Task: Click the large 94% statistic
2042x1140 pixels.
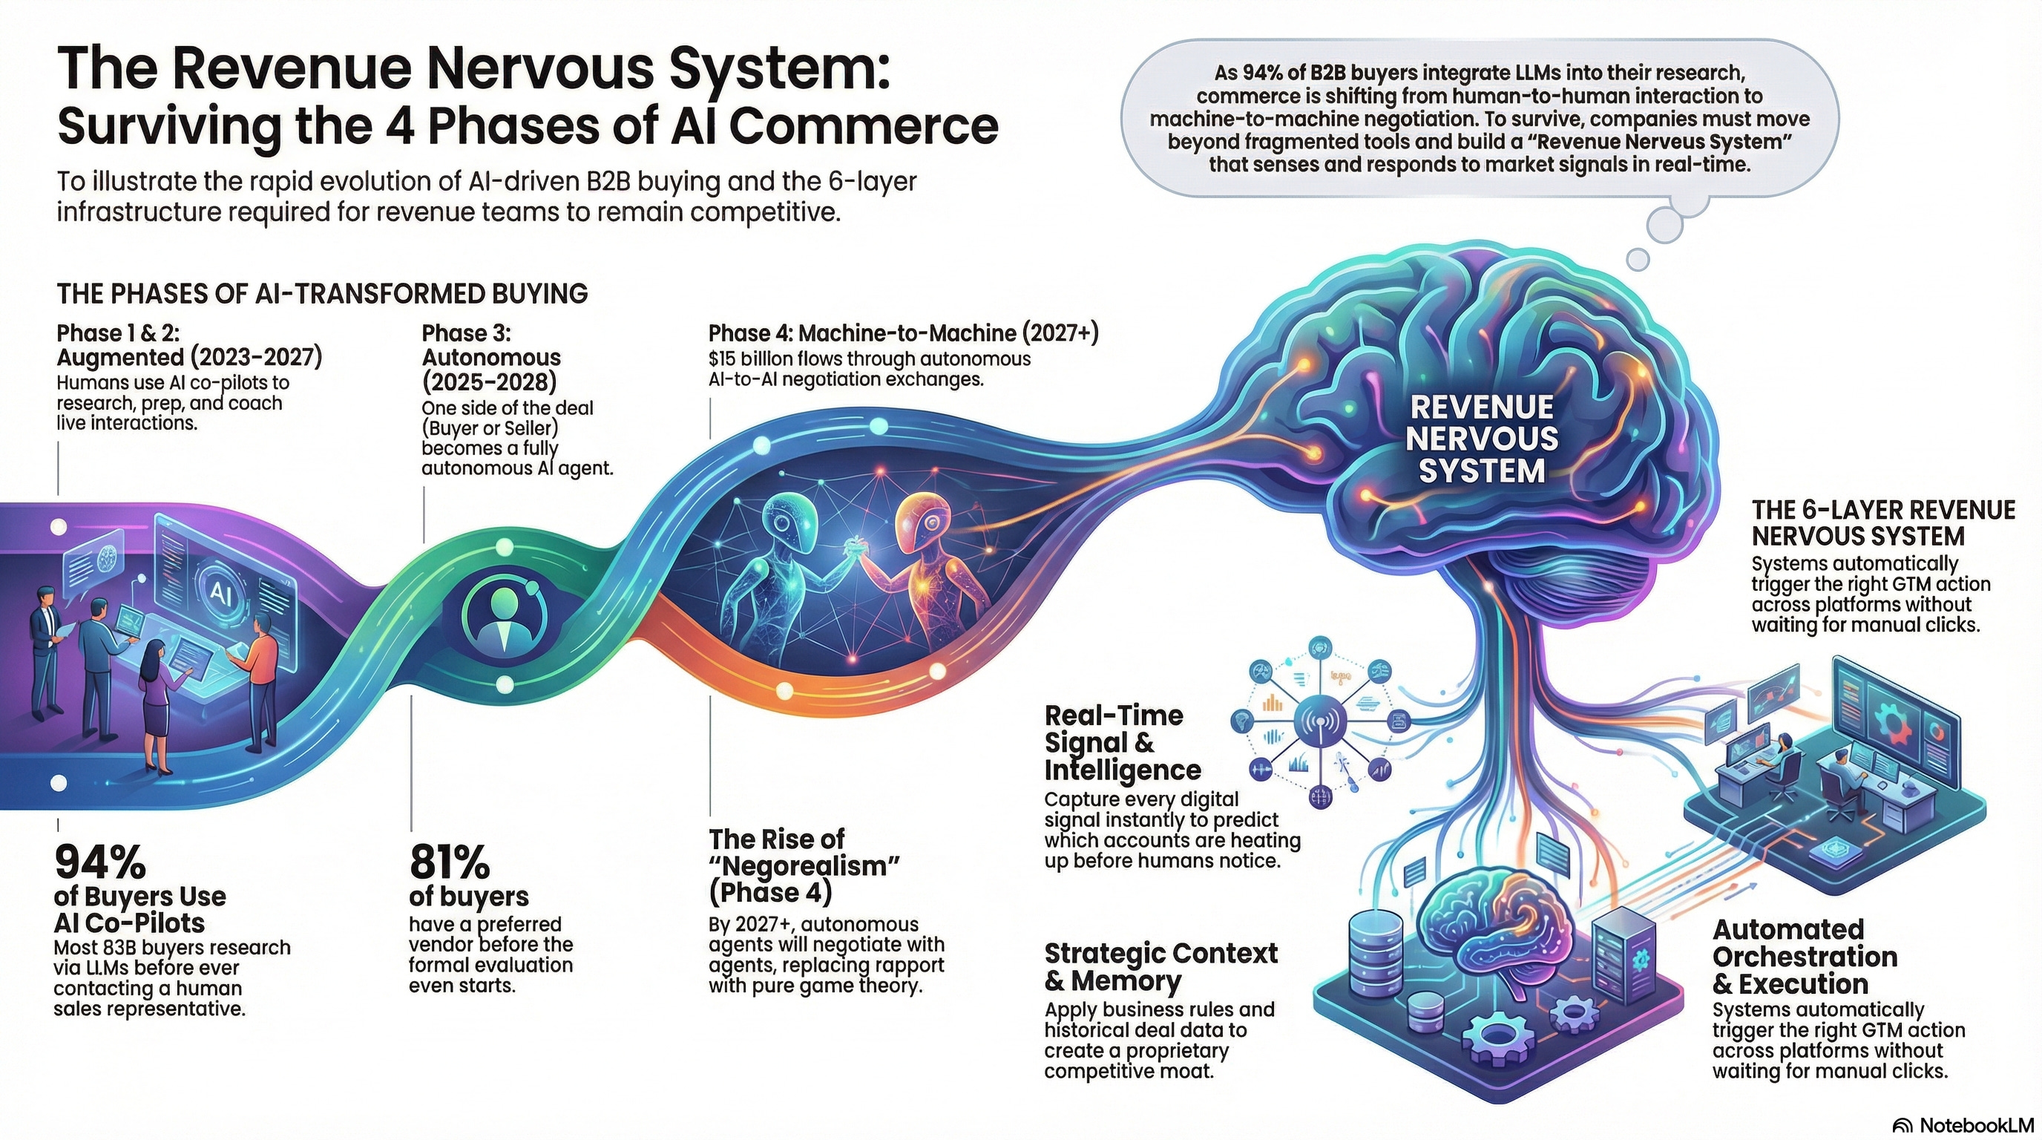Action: [100, 862]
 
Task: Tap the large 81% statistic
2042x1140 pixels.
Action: [450, 862]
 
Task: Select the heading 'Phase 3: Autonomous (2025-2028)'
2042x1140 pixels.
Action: [490, 358]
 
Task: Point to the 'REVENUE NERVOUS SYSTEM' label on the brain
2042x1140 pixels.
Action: [1481, 439]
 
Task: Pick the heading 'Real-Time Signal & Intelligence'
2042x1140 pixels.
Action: [1122, 743]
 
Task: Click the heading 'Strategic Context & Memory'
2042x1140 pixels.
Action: [1160, 966]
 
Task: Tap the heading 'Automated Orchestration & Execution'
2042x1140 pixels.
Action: [1805, 956]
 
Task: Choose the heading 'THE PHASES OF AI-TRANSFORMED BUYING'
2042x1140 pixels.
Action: [322, 293]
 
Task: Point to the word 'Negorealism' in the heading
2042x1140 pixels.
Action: [807, 865]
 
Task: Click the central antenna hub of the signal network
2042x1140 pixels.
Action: [1319, 721]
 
